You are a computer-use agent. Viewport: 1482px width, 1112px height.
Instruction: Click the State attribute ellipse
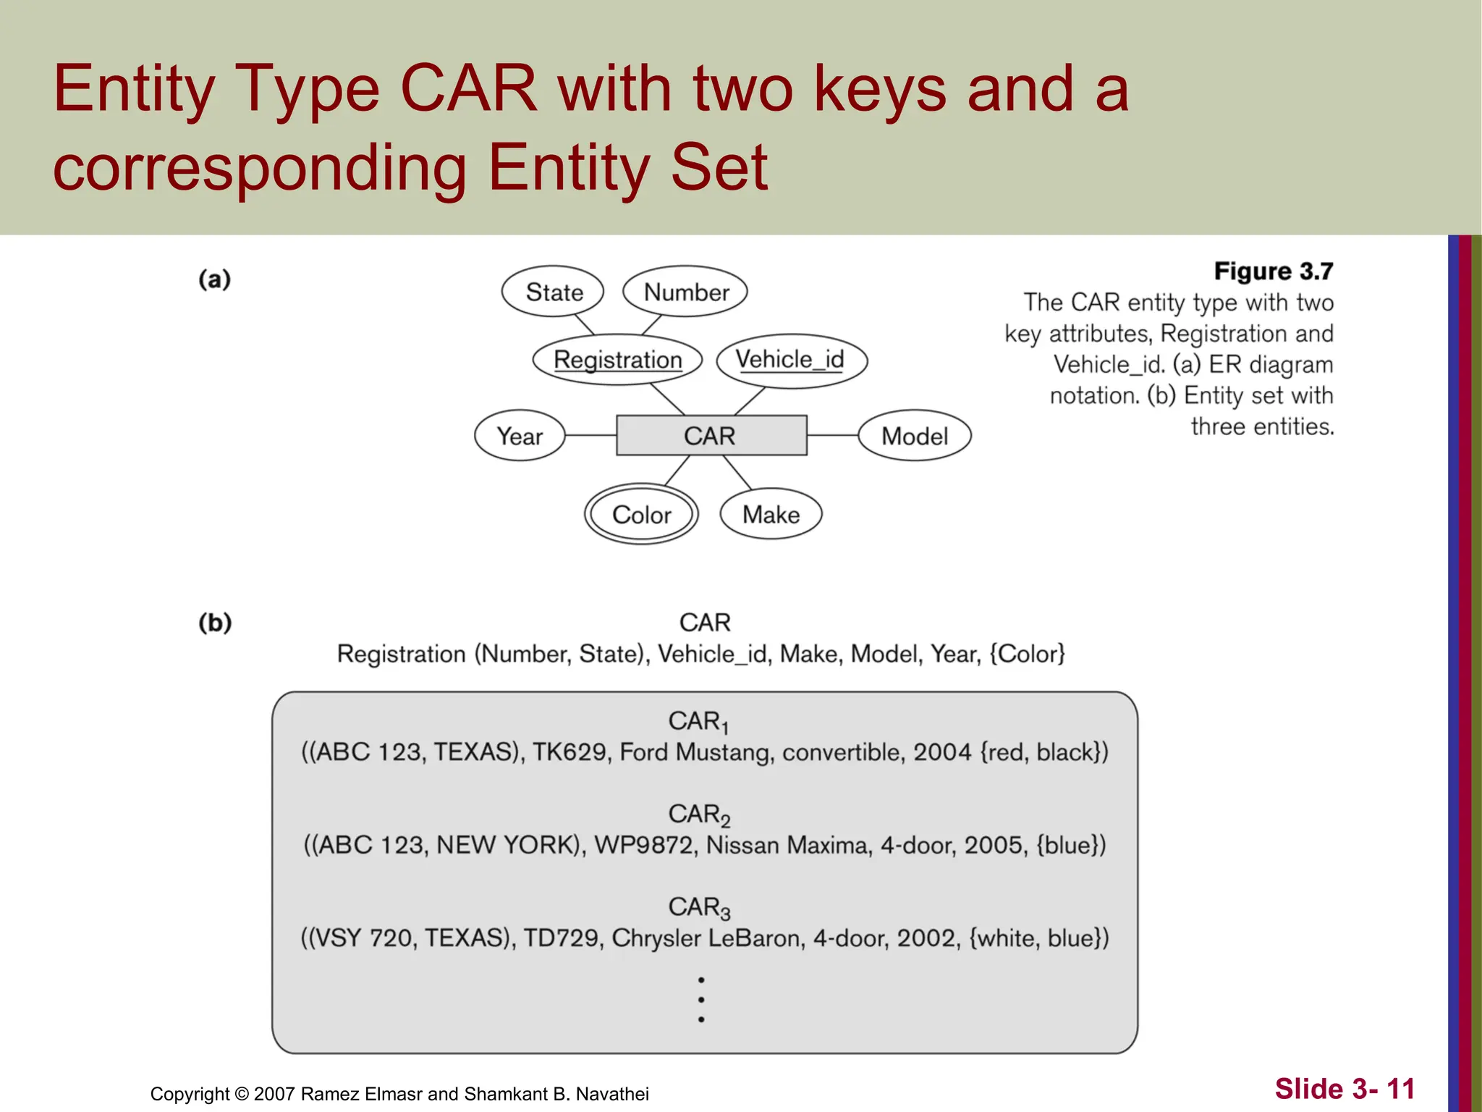553,292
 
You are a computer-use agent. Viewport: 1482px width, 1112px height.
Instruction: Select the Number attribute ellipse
685,292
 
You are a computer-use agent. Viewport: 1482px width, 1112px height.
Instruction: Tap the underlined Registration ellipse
617,360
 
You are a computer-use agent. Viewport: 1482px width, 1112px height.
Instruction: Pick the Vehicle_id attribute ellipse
791,360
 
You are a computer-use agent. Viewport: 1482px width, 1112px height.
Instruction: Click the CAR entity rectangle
711,436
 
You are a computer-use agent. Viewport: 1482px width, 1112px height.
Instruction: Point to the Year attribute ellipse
520,436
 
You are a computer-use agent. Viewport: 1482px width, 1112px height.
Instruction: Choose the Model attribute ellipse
914,436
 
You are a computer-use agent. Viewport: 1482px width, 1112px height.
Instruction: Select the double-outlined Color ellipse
641,515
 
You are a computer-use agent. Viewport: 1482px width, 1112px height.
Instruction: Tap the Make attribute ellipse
771,515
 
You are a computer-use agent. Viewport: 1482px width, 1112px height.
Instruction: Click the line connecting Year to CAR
590,436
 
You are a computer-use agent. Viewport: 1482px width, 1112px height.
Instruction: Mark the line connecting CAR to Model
832,436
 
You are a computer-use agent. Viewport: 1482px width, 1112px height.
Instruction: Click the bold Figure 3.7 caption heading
1273,271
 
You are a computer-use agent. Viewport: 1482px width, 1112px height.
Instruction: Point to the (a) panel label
214,279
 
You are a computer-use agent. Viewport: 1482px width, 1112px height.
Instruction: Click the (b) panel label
215,623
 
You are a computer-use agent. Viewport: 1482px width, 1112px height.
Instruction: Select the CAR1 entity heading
698,722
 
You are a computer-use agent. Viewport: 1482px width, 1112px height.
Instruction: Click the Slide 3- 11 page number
1345,1089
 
